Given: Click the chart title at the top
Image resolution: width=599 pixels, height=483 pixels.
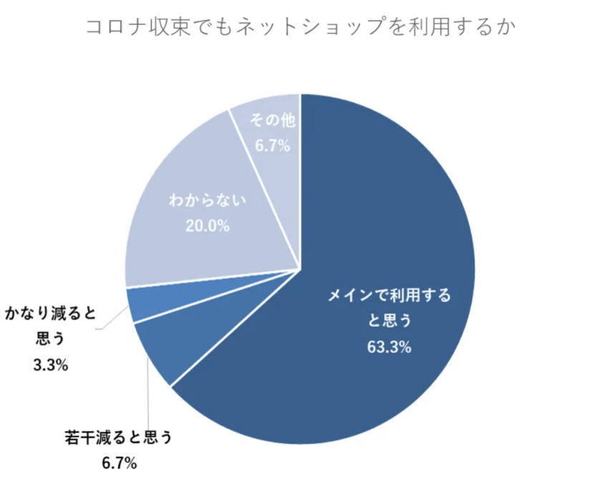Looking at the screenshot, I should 298,28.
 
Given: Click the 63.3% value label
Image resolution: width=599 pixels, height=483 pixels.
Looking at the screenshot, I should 389,348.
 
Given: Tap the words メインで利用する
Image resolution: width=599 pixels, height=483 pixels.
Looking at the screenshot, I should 389,295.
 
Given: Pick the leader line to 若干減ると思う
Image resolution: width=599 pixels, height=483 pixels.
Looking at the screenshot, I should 148,401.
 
